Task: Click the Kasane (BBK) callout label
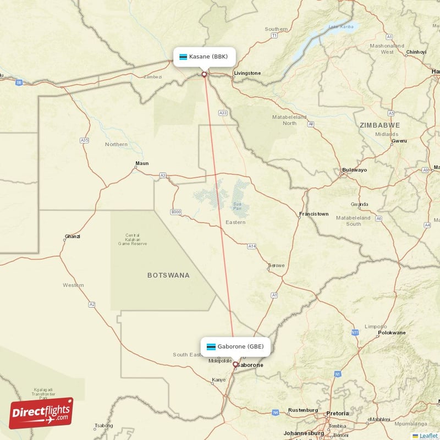click(205, 57)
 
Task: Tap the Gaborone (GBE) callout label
click(235, 346)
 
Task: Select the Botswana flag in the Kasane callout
click(183, 57)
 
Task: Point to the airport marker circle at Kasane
click(205, 74)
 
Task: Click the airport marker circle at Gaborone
click(235, 364)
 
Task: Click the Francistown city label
click(313, 214)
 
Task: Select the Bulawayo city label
click(354, 170)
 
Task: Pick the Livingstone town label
click(247, 73)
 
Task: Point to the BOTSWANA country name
click(168, 275)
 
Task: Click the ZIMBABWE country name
click(380, 125)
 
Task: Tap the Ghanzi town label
click(72, 237)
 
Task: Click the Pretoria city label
click(337, 413)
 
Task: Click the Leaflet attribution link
click(428, 436)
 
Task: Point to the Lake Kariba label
click(341, 26)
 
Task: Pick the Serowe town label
click(276, 266)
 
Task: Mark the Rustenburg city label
click(303, 410)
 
